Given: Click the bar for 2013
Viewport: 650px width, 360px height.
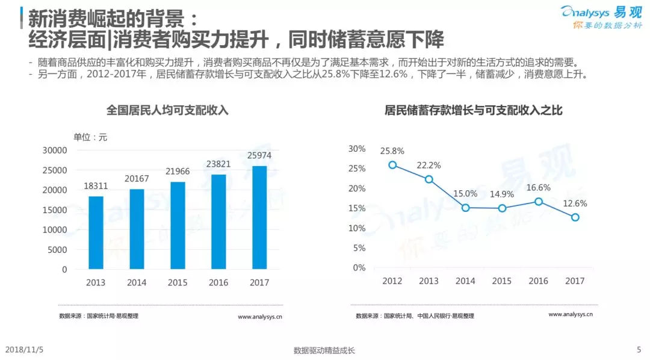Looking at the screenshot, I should coord(96,232).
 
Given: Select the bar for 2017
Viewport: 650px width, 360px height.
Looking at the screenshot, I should coord(259,217).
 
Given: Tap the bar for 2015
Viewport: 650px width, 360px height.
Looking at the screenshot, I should coord(178,225).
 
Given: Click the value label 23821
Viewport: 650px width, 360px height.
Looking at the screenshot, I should coord(218,163).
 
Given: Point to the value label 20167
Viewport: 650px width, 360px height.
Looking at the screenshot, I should coord(137,178).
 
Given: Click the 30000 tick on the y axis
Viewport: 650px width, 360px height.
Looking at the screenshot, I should coord(55,150).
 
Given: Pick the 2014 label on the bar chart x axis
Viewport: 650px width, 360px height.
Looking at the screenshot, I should coord(137,282).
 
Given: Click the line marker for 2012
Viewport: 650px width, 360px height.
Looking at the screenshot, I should coord(392,165).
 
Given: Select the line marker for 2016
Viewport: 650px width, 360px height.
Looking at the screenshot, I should coord(539,202).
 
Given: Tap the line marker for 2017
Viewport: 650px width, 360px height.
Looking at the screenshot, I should coord(575,217).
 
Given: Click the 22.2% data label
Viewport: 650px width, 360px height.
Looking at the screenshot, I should coord(429,165).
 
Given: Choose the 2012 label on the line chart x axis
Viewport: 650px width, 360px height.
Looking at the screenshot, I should coord(392,281).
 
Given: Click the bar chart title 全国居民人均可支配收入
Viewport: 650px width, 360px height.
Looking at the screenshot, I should coord(167,110).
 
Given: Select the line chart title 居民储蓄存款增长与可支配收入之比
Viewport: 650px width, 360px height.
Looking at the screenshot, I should coord(474,110).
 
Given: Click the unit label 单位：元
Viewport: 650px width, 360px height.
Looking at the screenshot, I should coord(90,137).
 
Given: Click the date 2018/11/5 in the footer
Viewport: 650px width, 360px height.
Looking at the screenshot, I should coord(23,350).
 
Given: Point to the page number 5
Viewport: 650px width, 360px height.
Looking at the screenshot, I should coord(639,350).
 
